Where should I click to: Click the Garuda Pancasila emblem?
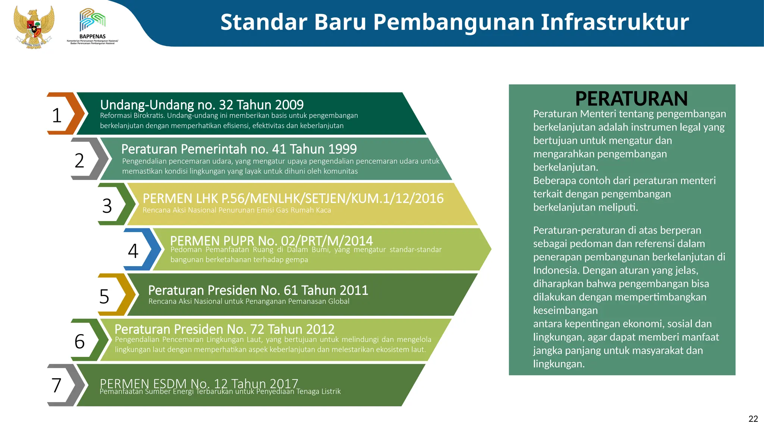(34, 27)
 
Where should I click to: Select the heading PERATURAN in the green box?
(631, 99)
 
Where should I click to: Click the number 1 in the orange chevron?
(57, 115)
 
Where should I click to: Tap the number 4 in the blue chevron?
(133, 251)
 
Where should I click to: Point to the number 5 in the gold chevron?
(104, 297)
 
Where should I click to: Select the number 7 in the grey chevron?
(56, 386)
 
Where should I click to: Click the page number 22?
(753, 419)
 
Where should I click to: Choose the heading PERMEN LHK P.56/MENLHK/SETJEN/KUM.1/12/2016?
(293, 199)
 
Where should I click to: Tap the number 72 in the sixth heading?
(257, 329)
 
